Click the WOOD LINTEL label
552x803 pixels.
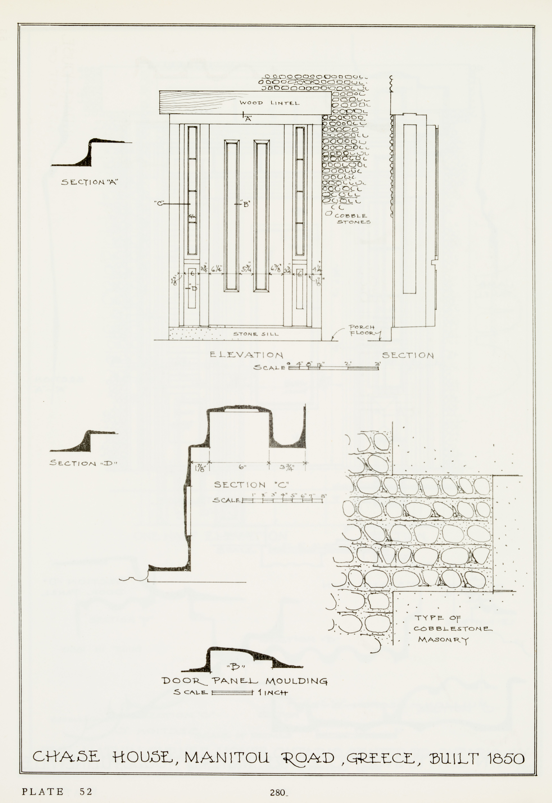[x=269, y=103]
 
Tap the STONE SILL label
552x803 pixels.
[x=256, y=334]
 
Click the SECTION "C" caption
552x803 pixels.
[x=251, y=485]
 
